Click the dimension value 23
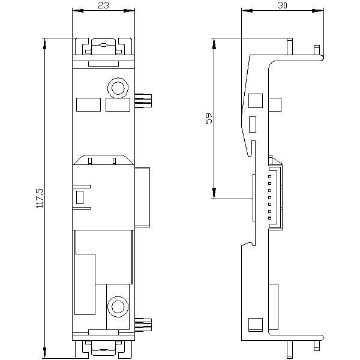tap(103, 5)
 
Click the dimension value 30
tap(282, 5)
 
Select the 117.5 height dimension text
tap(40, 198)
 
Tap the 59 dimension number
tap(209, 118)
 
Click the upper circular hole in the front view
tap(118, 88)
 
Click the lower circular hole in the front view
tap(118, 307)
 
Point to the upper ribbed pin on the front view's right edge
tap(143, 100)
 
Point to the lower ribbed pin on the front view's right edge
tap(143, 325)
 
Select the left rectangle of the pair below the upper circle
tap(88, 104)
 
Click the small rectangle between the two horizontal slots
tap(80, 197)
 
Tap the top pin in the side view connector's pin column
tap(270, 176)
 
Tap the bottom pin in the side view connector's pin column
tap(270, 218)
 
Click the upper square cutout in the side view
tap(256, 101)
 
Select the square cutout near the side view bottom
tap(256, 325)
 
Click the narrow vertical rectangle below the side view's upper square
tap(253, 124)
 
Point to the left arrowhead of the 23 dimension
tap(78, 11)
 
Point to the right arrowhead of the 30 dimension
tap(318, 11)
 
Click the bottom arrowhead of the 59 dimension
tap(214, 193)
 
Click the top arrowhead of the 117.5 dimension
tap(44, 44)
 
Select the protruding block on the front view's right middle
tap(142, 197)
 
